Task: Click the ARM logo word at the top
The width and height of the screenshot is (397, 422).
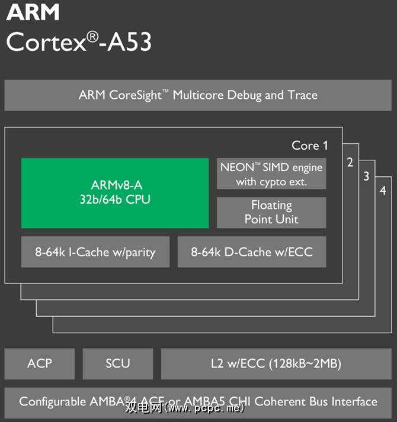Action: (33, 13)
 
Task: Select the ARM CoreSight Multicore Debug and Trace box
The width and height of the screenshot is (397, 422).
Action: (198, 95)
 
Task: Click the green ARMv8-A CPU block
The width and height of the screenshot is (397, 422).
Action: (115, 193)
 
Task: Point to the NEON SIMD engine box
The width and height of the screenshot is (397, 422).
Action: (271, 174)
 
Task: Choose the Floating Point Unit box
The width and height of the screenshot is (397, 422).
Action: (271, 212)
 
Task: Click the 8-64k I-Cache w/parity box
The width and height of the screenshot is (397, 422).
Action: (95, 252)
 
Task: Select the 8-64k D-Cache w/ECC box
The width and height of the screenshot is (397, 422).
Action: (252, 252)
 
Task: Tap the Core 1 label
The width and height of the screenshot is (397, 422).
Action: (309, 146)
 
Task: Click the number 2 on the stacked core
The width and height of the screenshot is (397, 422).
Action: (350, 162)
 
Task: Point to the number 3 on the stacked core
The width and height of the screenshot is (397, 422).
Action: (367, 176)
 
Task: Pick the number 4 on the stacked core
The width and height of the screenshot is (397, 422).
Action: (383, 191)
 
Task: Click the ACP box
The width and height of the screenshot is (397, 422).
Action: (40, 363)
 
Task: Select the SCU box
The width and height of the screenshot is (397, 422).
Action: (117, 363)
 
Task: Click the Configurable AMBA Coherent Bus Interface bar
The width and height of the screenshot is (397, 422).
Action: (198, 401)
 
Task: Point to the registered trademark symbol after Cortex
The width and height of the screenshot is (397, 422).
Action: (92, 36)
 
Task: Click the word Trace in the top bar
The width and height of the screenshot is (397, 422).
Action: (303, 95)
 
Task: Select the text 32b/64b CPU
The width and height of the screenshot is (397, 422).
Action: (115, 199)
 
